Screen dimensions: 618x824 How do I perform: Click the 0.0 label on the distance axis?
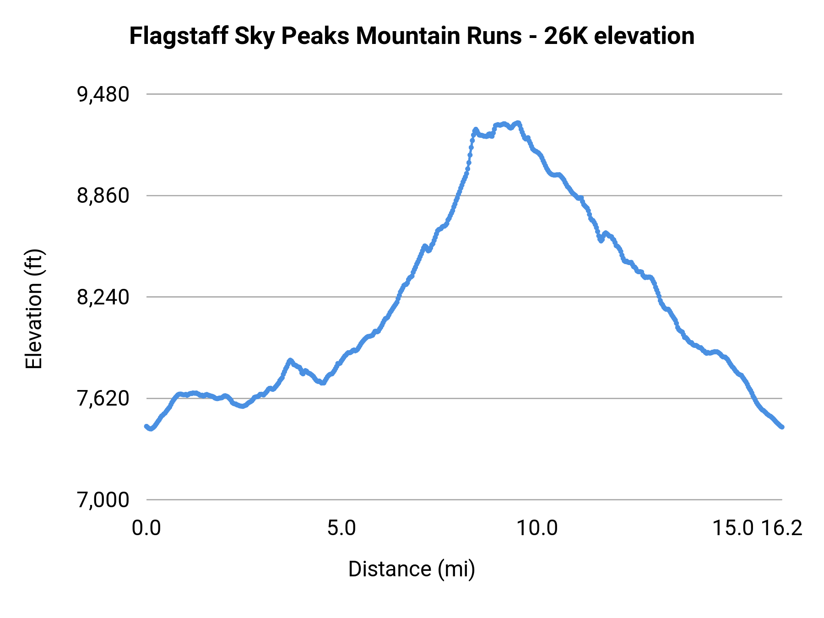(x=146, y=528)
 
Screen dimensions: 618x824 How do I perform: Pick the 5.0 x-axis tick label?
(x=342, y=528)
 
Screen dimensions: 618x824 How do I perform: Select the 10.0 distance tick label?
(x=537, y=528)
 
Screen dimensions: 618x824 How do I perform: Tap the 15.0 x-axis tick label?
(x=733, y=528)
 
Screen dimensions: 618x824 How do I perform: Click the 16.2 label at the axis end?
(x=782, y=528)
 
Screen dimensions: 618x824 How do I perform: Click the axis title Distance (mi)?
(x=412, y=569)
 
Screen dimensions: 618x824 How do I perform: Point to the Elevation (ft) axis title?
(x=34, y=309)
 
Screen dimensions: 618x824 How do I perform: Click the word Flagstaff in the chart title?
(x=179, y=36)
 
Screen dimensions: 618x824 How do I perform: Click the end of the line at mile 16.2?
(x=782, y=427)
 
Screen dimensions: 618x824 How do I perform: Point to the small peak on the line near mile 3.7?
(x=290, y=360)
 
